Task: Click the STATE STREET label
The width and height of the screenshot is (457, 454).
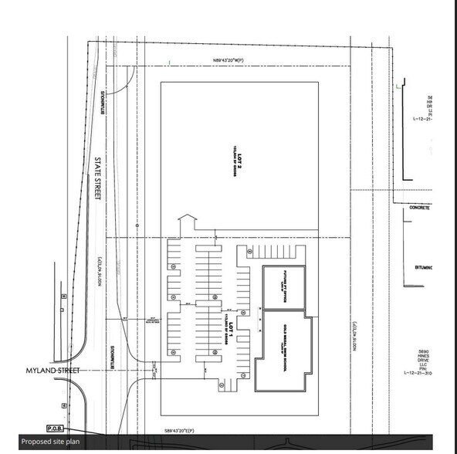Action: tap(99, 180)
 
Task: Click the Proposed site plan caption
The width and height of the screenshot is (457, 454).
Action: tap(49, 442)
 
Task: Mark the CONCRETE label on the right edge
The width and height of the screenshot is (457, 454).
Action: tap(421, 208)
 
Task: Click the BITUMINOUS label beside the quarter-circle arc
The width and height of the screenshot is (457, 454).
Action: tap(102, 103)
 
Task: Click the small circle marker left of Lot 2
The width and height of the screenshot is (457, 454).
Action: tap(137, 225)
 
